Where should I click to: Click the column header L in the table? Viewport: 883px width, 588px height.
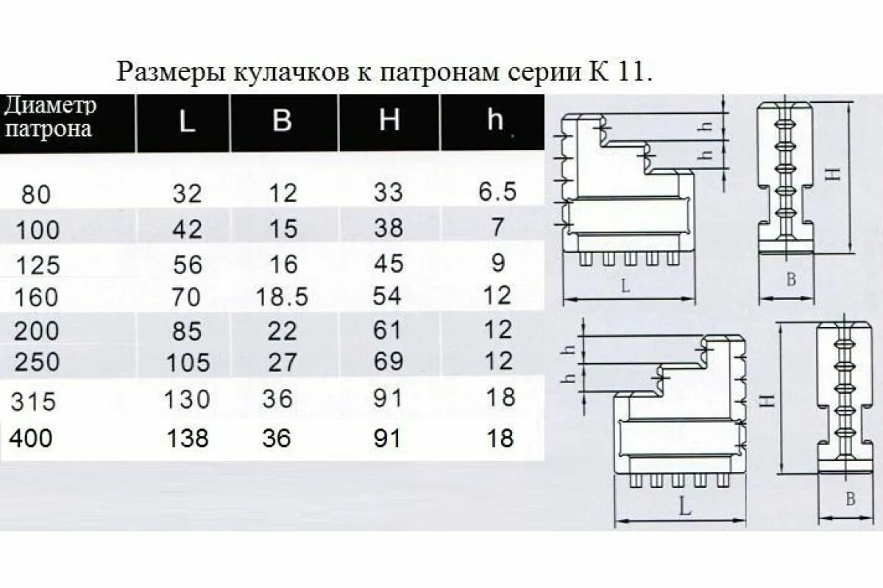point(187,121)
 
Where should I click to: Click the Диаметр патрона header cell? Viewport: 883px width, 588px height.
point(50,118)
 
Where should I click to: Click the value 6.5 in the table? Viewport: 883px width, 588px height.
point(497,193)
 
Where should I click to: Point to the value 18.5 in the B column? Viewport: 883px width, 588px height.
point(282,297)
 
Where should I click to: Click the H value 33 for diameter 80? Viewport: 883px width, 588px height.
point(388,193)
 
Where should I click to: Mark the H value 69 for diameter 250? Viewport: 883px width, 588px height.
point(388,362)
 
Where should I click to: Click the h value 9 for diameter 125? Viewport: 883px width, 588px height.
point(498,262)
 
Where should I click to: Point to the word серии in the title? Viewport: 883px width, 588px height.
point(542,72)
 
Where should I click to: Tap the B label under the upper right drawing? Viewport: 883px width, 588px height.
point(791,279)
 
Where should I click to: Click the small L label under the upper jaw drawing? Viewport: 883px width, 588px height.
point(625,287)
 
